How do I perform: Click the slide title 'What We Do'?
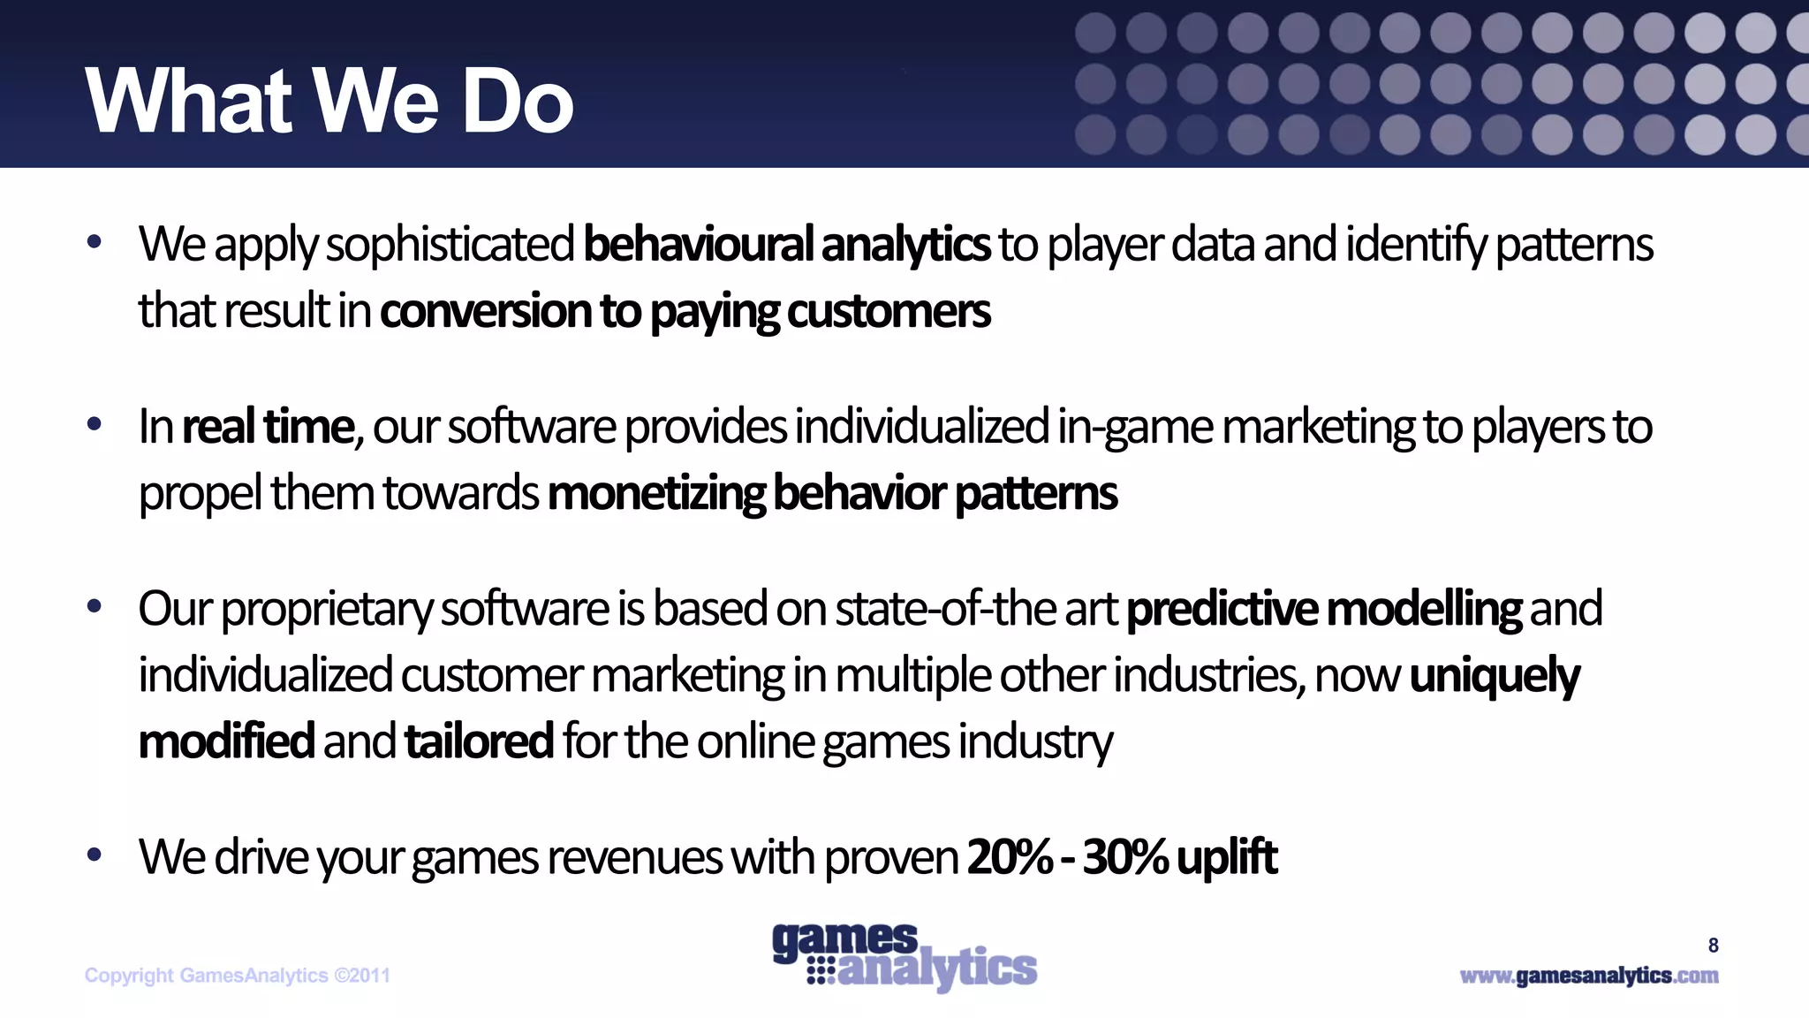pyautogui.click(x=329, y=102)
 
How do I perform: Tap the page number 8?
pyautogui.click(x=1713, y=946)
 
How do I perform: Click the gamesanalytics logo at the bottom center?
pyautogui.click(x=904, y=957)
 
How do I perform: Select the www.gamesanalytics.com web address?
pyautogui.click(x=1588, y=976)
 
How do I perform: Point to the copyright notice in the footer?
pyautogui.click(x=237, y=976)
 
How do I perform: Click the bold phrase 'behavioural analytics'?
pyautogui.click(x=786, y=245)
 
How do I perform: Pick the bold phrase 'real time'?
pyautogui.click(x=267, y=427)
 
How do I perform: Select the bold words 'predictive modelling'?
pyautogui.click(x=1323, y=609)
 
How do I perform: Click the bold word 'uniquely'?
pyautogui.click(x=1494, y=676)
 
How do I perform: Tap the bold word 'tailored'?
pyautogui.click(x=479, y=741)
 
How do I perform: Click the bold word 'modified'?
pyautogui.click(x=226, y=741)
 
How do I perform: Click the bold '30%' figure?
pyautogui.click(x=1124, y=857)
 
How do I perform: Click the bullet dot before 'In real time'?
pyautogui.click(x=95, y=425)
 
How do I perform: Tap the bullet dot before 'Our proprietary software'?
pyautogui.click(x=95, y=607)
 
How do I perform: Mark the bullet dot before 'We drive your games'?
pyautogui.click(x=95, y=855)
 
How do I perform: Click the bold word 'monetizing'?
pyautogui.click(x=656, y=493)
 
